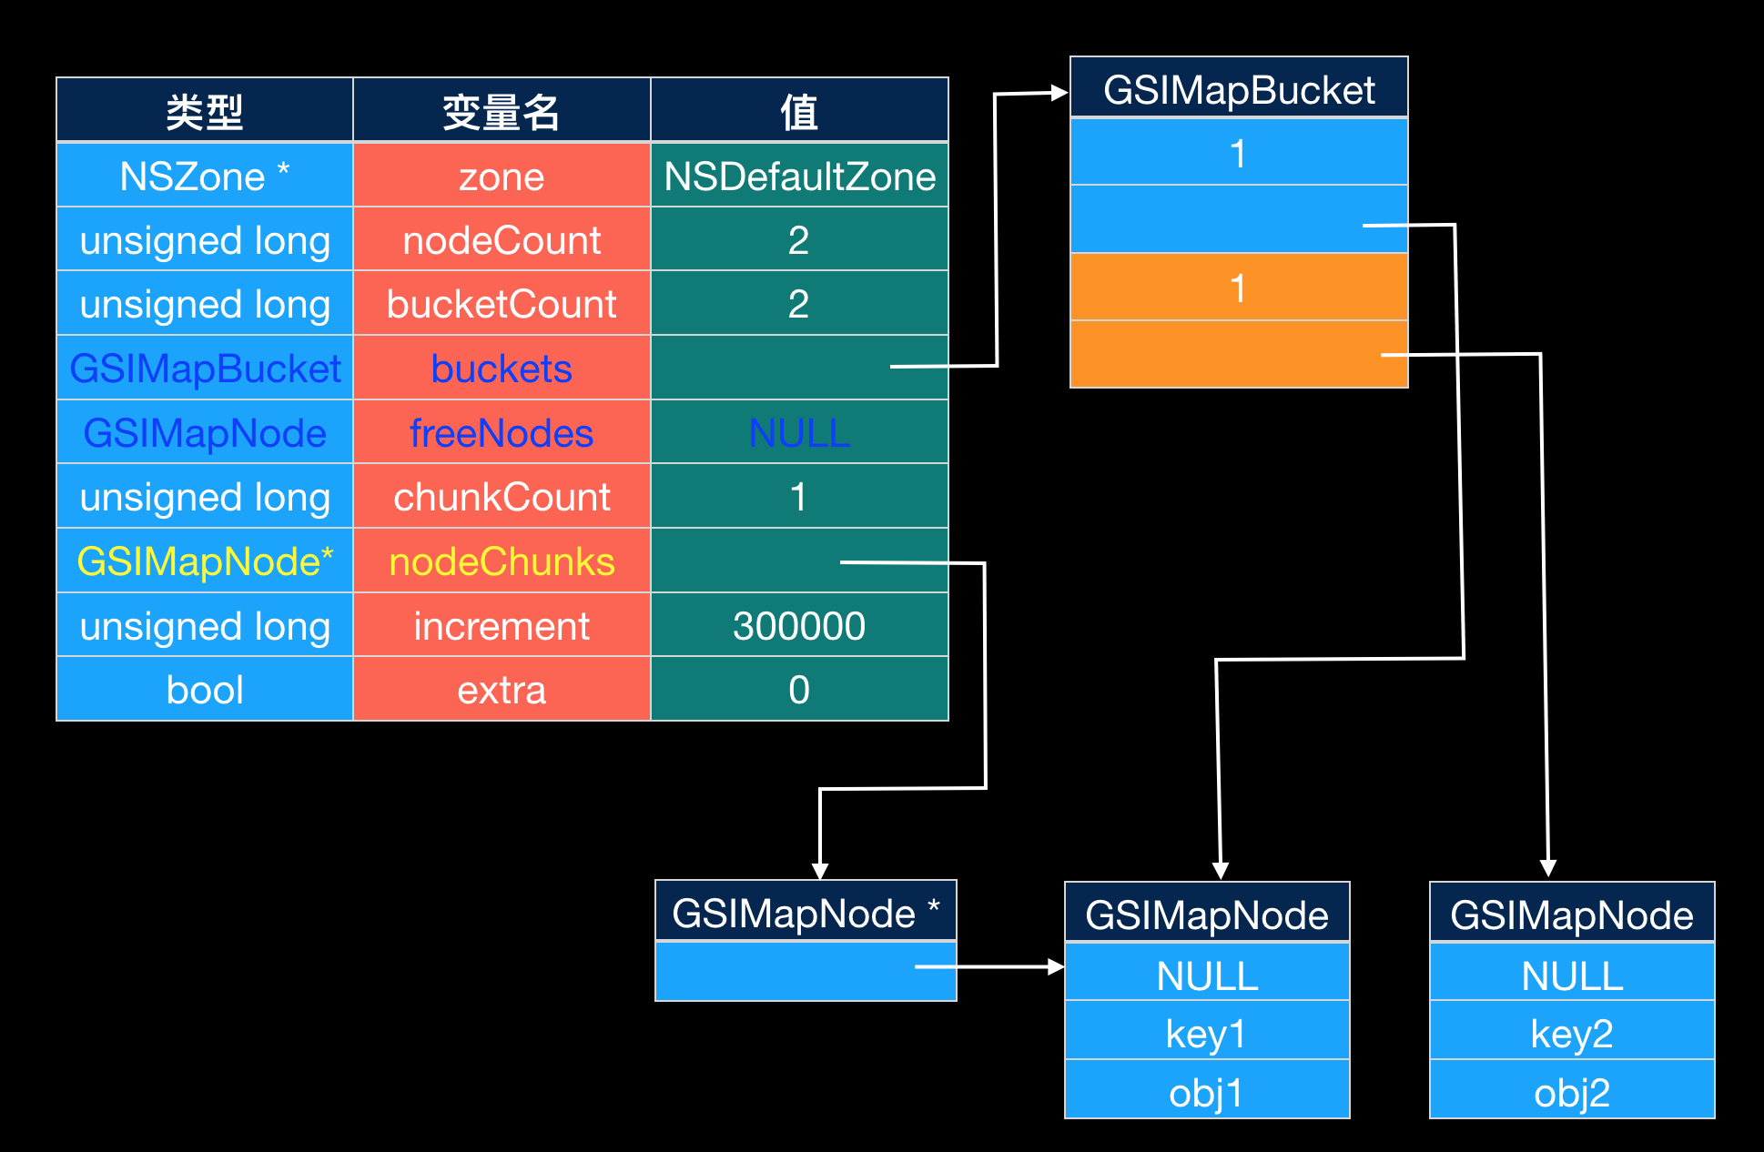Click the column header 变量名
[502, 112]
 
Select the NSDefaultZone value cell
[799, 177]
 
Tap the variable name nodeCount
[502, 241]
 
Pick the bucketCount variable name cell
[502, 305]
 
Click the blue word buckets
[502, 369]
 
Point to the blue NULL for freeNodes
[799, 433]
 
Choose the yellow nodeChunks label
[502, 562]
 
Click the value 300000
[799, 626]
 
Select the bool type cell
[205, 690]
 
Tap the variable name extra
[502, 690]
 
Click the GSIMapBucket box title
[1239, 90]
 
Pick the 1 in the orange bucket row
[1238, 288]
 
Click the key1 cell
[1206, 1034]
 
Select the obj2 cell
[1572, 1093]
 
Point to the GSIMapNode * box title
[806, 913]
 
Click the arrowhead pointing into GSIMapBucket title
[1059, 92]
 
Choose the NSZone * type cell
[205, 177]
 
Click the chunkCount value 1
[798, 498]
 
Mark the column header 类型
[205, 112]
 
